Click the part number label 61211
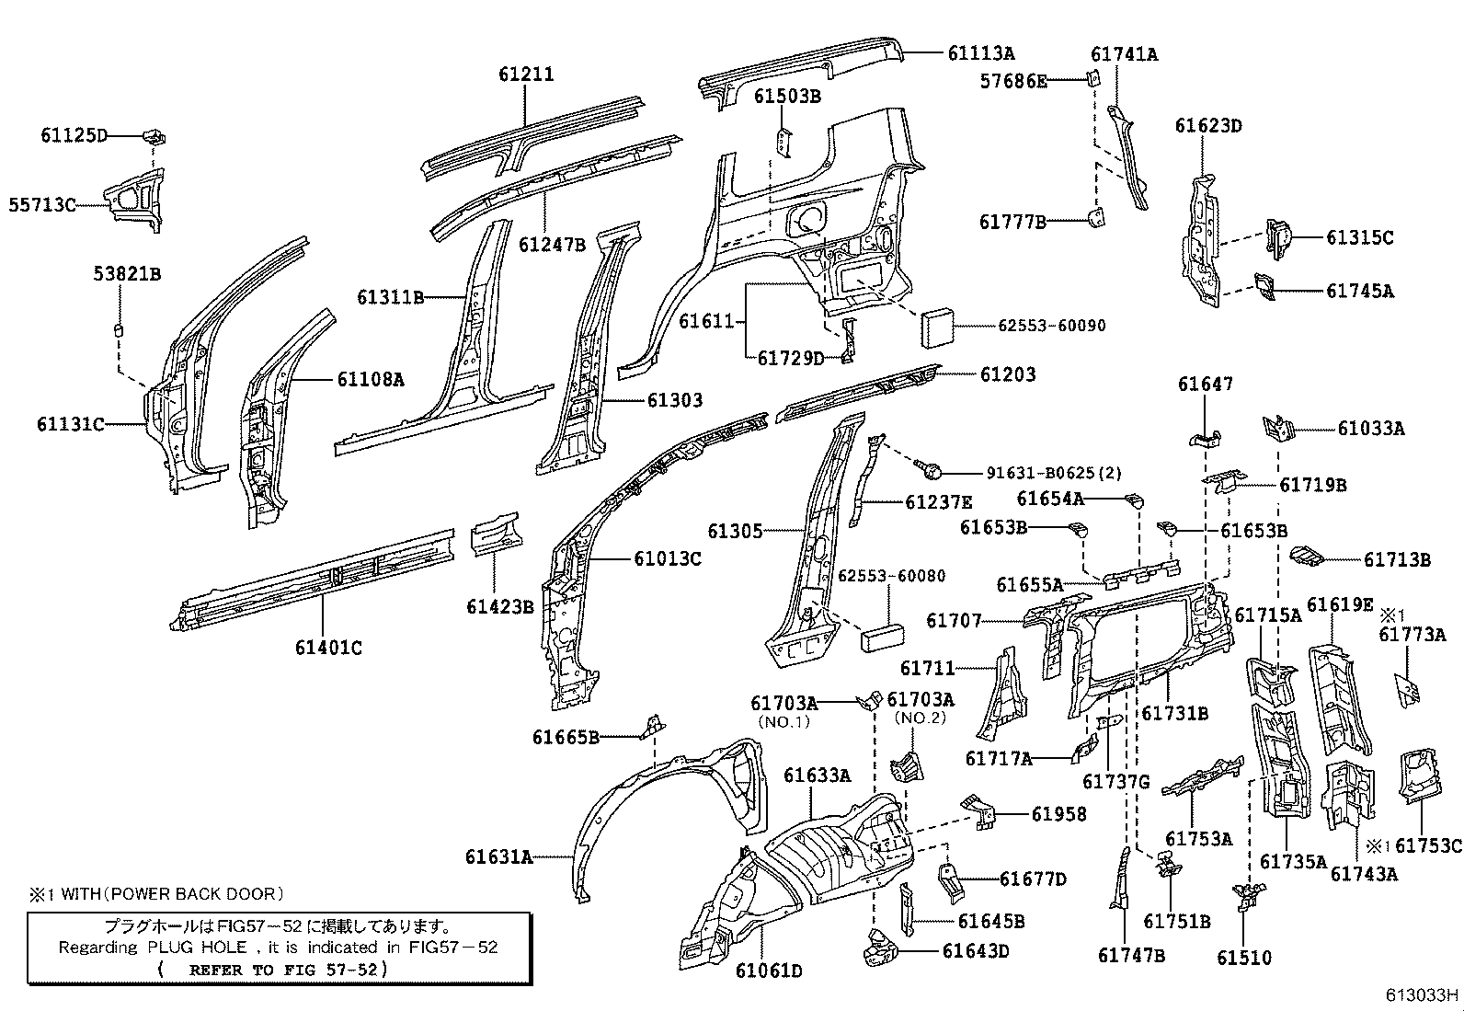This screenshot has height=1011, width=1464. click(x=526, y=74)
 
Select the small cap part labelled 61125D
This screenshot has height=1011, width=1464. click(x=154, y=137)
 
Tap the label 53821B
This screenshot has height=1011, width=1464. click(x=127, y=273)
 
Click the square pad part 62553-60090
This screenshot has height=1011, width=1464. click(x=938, y=326)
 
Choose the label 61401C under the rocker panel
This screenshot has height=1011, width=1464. click(x=328, y=648)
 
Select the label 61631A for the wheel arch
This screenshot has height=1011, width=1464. click(x=498, y=857)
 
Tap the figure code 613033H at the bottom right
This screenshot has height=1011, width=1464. click(x=1423, y=994)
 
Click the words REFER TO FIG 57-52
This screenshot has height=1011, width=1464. click(x=288, y=970)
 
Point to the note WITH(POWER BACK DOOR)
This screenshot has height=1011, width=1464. click(x=171, y=893)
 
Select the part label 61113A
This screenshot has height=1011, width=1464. click(x=981, y=53)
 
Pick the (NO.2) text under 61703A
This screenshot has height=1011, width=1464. click(x=921, y=718)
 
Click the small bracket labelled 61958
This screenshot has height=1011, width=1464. click(x=980, y=811)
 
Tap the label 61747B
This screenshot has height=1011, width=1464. click(x=1131, y=955)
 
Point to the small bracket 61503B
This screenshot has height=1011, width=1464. click(x=781, y=143)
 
